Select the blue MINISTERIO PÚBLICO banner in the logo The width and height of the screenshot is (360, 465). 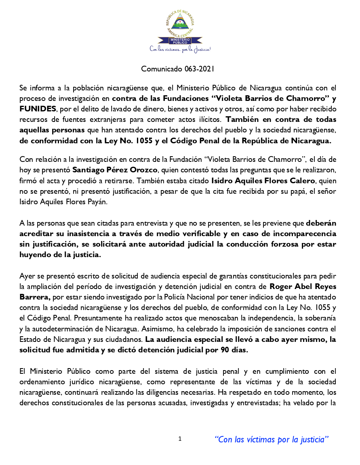pyautogui.click(x=180, y=40)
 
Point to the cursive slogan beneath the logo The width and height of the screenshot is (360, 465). pyautogui.click(x=180, y=49)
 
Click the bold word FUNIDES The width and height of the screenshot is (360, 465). pyautogui.click(x=38, y=109)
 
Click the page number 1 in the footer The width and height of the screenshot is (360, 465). pyautogui.click(x=180, y=438)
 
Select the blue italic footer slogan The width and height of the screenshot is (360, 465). pyautogui.click(x=271, y=439)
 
